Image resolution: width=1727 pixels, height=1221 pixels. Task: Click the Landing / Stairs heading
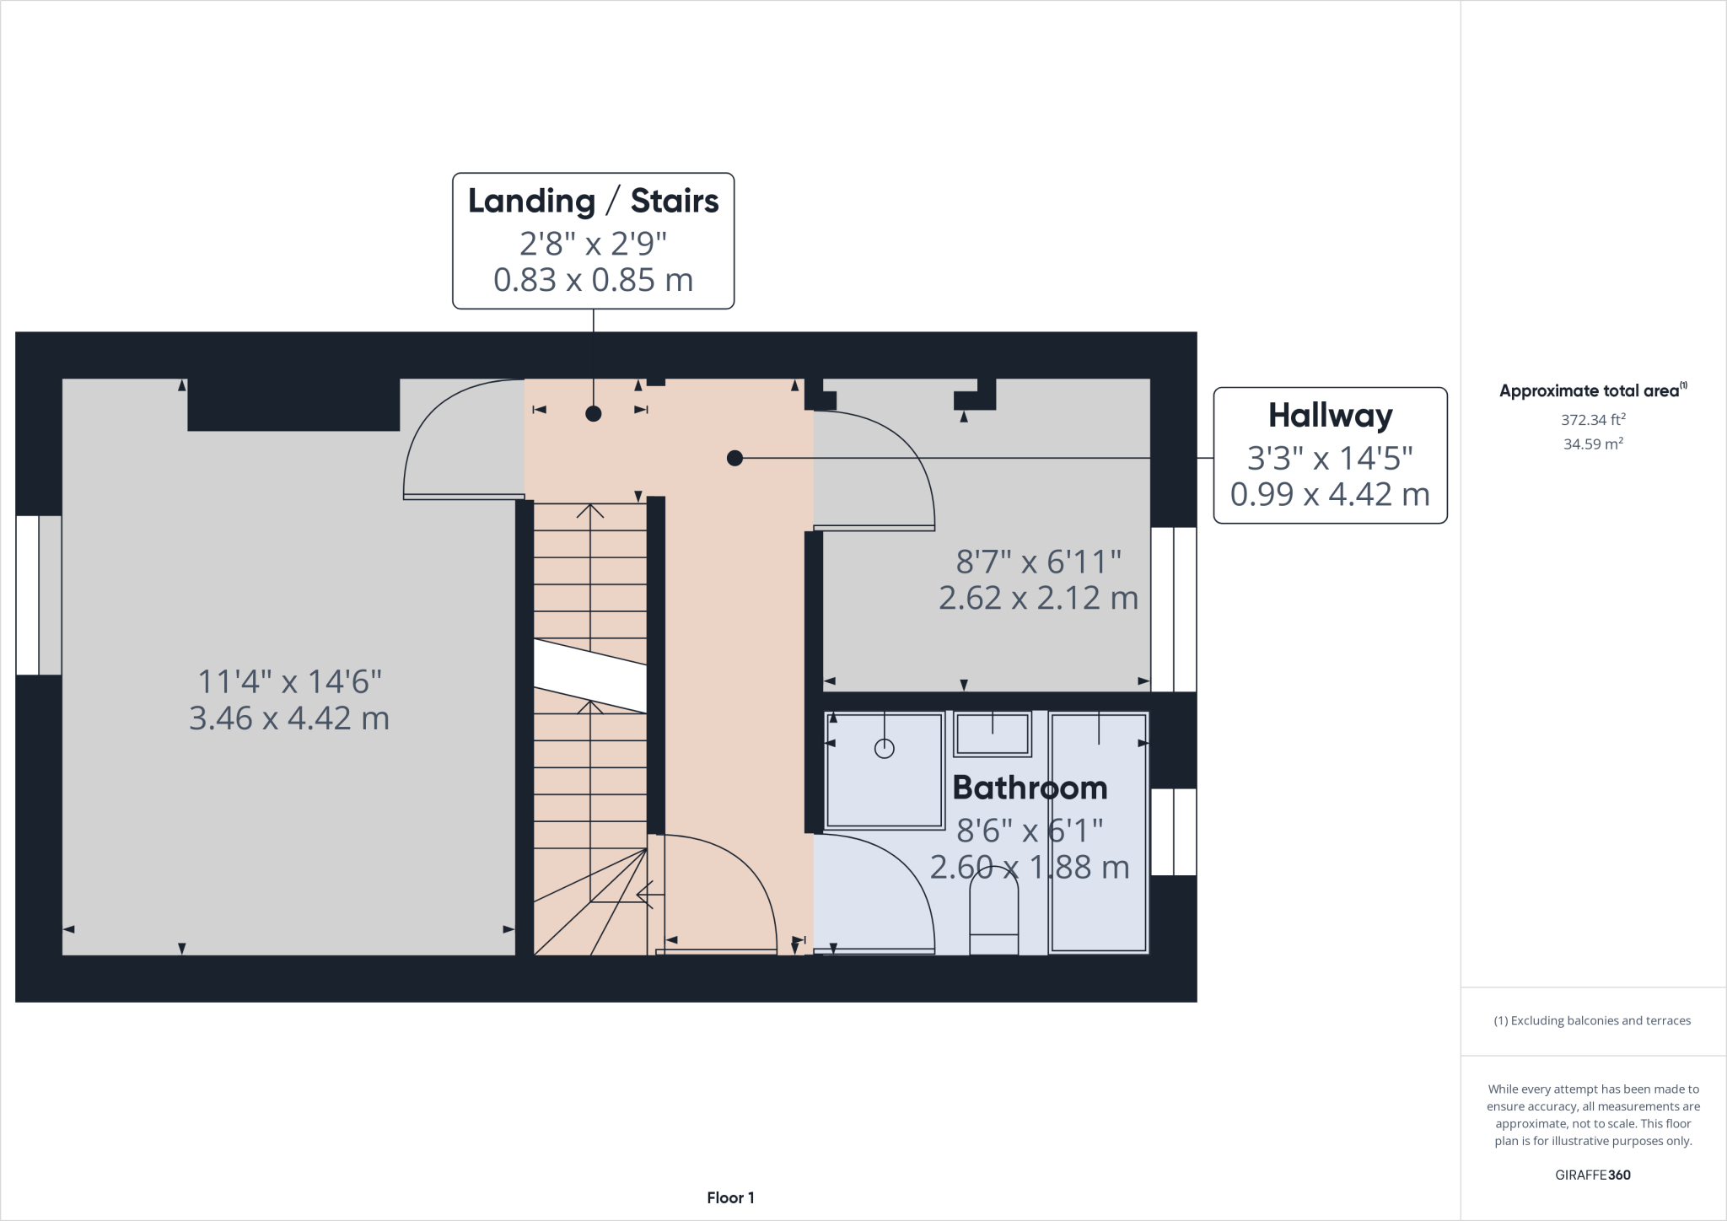tap(593, 202)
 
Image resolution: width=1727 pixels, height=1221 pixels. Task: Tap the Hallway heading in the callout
tap(1330, 416)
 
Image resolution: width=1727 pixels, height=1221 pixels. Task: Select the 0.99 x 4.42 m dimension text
tap(1330, 494)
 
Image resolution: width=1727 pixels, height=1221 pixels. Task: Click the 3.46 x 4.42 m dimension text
tap(289, 718)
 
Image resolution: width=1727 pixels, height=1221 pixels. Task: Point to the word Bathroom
tap(1030, 788)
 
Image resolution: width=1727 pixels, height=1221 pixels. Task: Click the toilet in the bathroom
tap(994, 915)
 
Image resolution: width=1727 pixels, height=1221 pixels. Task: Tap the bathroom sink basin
tap(993, 734)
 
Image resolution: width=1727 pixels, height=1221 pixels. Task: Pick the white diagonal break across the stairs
tap(590, 675)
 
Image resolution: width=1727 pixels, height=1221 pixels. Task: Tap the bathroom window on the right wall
tap(1173, 831)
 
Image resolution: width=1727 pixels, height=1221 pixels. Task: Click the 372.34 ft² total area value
tap(1592, 419)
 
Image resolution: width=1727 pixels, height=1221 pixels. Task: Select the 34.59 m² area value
tap(1592, 444)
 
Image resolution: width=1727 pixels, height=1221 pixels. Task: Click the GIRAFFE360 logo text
tap(1592, 1175)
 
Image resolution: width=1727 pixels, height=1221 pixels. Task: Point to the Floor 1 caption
tap(730, 1197)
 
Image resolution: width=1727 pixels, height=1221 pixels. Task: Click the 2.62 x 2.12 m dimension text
tap(1038, 598)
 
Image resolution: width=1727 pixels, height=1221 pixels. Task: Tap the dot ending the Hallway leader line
tap(734, 458)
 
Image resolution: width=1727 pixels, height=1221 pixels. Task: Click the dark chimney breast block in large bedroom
tap(293, 405)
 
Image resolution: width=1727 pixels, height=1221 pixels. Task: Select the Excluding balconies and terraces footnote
tap(1592, 1020)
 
